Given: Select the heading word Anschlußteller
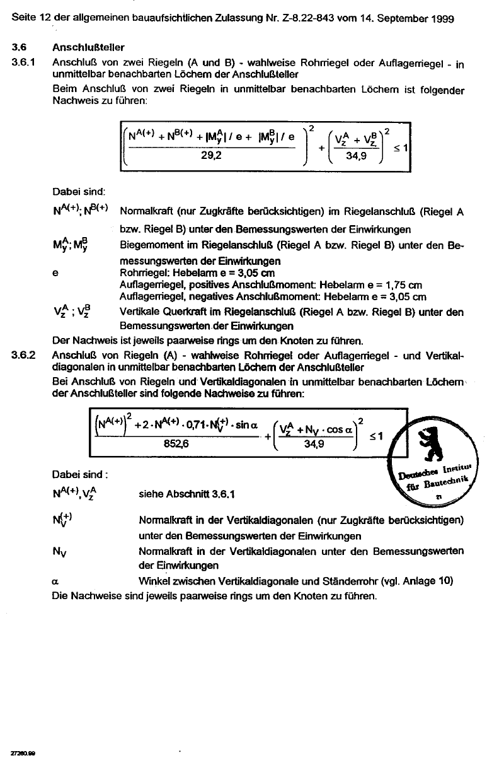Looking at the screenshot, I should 89,48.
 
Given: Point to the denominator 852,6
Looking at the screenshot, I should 179,443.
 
